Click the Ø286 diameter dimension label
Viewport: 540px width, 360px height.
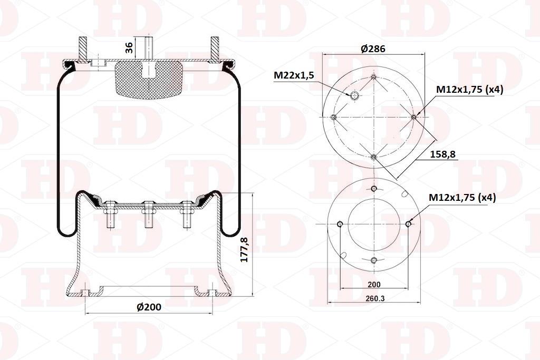(373, 49)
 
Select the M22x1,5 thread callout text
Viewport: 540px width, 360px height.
(294, 76)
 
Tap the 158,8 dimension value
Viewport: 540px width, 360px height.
(443, 154)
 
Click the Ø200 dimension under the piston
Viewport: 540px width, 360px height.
(149, 307)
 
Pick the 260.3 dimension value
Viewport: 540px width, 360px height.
(375, 299)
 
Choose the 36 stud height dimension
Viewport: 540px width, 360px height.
(129, 47)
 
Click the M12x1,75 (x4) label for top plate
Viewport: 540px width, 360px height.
(470, 90)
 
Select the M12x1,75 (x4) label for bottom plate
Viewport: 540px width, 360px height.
(462, 198)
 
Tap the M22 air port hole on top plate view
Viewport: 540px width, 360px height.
(354, 96)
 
